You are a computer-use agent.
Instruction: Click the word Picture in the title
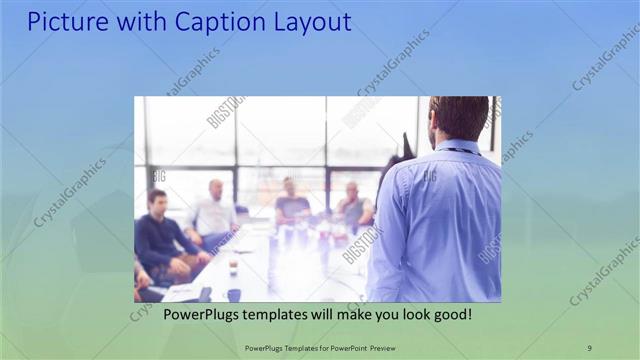[x=68, y=21]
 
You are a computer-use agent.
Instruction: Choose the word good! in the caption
[x=451, y=314]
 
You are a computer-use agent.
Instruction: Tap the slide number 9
[x=589, y=347]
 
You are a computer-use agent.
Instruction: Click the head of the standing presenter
[x=459, y=118]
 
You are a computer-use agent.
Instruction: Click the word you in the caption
[x=379, y=314]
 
